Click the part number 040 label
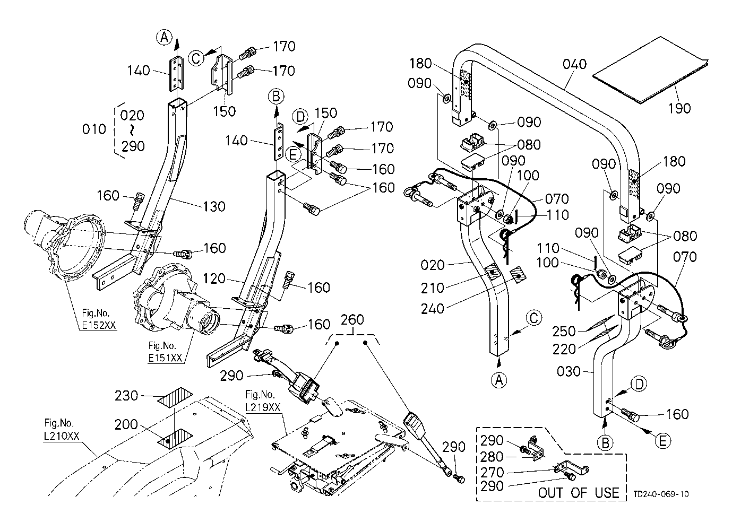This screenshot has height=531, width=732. click(x=575, y=64)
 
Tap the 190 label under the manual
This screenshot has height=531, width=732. click(x=679, y=108)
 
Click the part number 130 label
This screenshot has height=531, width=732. click(x=214, y=206)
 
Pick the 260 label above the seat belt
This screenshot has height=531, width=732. click(x=352, y=319)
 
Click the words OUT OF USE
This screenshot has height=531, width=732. click(x=578, y=492)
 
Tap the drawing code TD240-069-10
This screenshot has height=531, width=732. click(x=661, y=494)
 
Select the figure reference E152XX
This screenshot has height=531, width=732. click(x=100, y=326)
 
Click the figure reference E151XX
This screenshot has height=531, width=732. click(x=165, y=358)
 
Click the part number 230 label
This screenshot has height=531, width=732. click(x=127, y=396)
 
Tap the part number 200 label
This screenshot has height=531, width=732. click(x=126, y=425)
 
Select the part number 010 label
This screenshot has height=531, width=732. click(x=95, y=129)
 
